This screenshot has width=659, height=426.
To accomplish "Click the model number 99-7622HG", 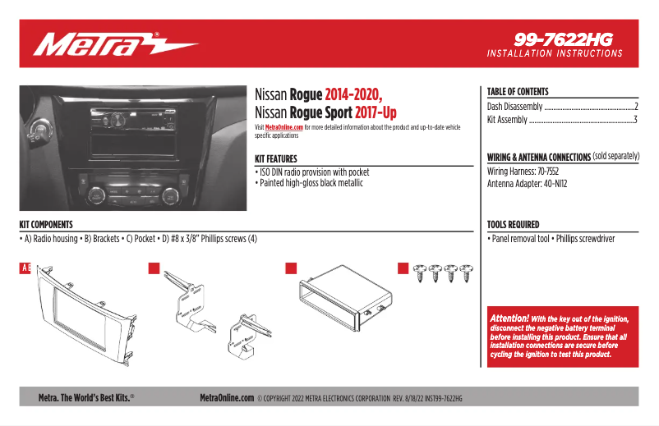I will [x=564, y=39].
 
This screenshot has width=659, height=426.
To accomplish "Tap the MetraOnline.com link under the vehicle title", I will [x=283, y=128].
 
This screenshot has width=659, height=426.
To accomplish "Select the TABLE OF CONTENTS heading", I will [x=518, y=92].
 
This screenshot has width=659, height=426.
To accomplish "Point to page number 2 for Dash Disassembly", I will [x=636, y=107].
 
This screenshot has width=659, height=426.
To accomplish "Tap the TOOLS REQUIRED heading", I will [x=514, y=224].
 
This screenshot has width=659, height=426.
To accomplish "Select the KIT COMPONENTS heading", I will [x=46, y=224].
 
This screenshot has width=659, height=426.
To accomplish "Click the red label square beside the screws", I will [x=403, y=268].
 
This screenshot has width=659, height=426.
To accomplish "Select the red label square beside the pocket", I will [x=290, y=268].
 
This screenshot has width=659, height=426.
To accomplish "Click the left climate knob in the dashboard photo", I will [x=94, y=195].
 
